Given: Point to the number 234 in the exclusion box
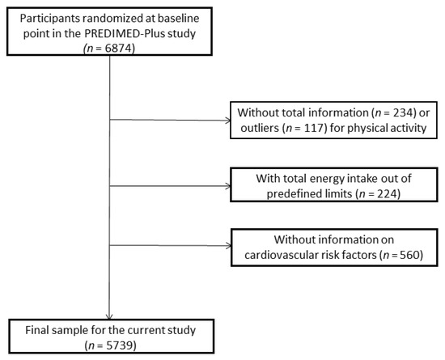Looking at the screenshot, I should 372,111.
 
